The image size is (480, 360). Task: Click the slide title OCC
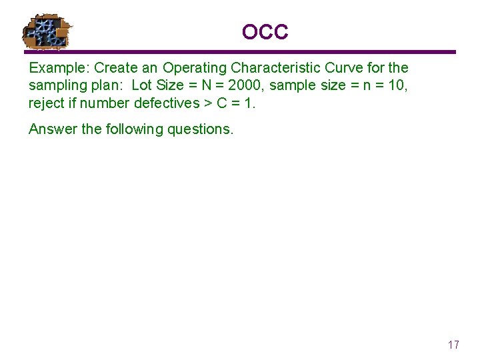(265, 31)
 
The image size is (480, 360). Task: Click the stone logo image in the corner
(47, 31)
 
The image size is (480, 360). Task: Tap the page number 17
(453, 345)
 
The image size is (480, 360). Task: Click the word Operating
(195, 68)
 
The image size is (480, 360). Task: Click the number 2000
(245, 85)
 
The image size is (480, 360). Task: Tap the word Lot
(142, 85)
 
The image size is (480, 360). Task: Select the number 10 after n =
(398, 85)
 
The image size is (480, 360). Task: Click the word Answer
(53, 129)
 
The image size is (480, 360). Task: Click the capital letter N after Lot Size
(206, 85)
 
